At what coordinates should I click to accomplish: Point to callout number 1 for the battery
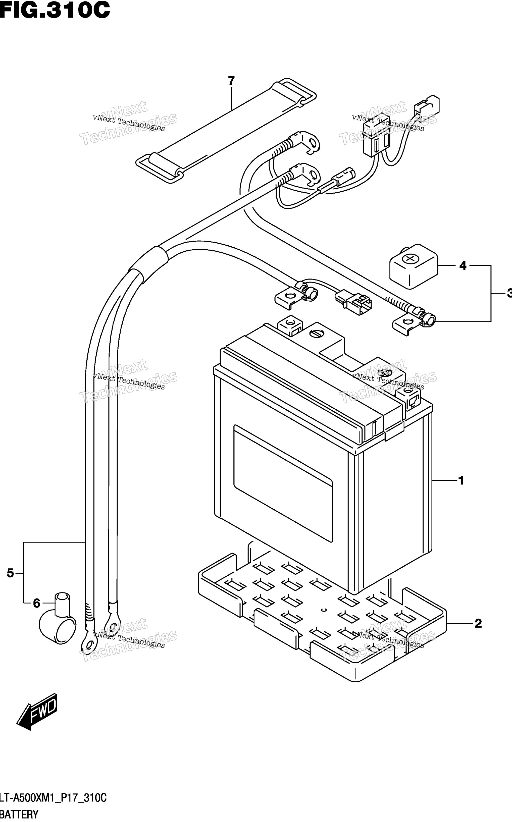pos(461,480)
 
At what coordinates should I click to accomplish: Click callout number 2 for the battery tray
pos(478,623)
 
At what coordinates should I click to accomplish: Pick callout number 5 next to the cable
pos(10,573)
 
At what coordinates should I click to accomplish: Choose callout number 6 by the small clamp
pos(37,604)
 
